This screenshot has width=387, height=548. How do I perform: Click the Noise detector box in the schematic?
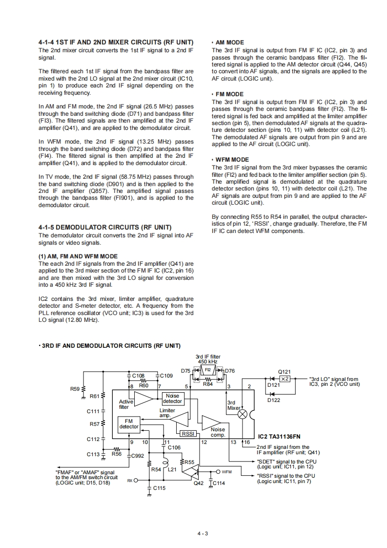[172, 399]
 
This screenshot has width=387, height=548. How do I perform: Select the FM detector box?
[129, 423]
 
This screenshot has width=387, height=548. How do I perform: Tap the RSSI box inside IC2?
[188, 433]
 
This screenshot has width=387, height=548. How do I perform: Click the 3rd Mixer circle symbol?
[242, 414]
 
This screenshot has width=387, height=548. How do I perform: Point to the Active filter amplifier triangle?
[143, 400]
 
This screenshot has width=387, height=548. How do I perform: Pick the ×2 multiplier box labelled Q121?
[285, 379]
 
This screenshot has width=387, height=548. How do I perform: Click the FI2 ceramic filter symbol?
[207, 370]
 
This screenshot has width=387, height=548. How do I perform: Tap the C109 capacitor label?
[166, 376]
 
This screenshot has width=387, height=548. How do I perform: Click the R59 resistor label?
[75, 389]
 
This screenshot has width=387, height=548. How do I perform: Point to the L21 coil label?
[172, 469]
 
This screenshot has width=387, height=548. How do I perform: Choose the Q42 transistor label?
[198, 483]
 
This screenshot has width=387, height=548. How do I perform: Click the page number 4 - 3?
[203, 533]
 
